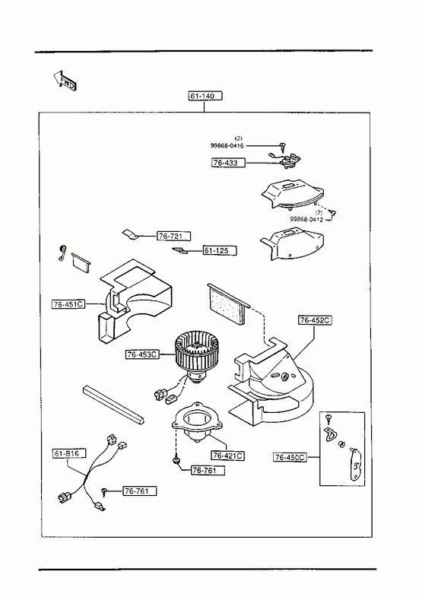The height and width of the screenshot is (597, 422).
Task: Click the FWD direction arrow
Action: [x=65, y=81]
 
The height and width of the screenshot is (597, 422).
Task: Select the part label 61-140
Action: [x=205, y=96]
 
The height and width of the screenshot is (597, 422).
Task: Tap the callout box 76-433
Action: [x=228, y=163]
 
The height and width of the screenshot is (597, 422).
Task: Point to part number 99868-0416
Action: [x=227, y=145]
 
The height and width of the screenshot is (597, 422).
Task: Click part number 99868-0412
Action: [x=306, y=219]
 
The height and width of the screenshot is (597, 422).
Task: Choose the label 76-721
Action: [x=173, y=236]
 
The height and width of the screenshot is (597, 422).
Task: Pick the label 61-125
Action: [x=219, y=250]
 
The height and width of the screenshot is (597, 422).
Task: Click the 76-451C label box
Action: [x=68, y=304]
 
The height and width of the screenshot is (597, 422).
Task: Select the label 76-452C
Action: [x=315, y=320]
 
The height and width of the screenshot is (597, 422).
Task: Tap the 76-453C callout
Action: [x=142, y=354]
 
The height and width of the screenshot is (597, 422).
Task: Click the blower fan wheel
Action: [x=194, y=353]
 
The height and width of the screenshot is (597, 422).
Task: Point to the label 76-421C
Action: [x=228, y=456]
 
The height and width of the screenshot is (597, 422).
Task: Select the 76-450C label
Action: [x=290, y=457]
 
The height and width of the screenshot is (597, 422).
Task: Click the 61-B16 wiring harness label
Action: [x=69, y=453]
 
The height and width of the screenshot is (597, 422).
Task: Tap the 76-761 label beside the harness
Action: [x=140, y=491]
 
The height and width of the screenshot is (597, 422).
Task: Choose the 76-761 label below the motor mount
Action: [x=208, y=470]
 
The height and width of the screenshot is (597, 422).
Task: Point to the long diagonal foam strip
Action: [x=113, y=405]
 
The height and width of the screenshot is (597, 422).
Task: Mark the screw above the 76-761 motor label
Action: [x=176, y=462]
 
